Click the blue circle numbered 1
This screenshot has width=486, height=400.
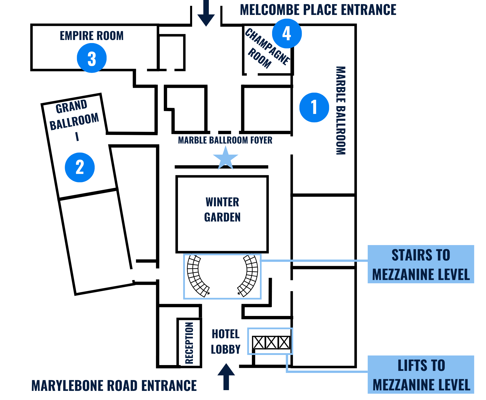coord(314,107)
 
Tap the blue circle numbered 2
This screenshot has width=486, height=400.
coord(80,167)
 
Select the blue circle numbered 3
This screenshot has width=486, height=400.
coord(92,58)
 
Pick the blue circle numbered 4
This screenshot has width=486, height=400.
coord(287,33)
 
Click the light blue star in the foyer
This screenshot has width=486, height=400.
coord(226,158)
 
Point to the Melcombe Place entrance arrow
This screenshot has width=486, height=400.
coord(206,13)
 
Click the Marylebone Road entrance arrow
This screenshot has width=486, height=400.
coord(226,376)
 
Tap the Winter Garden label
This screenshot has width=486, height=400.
coord(222,210)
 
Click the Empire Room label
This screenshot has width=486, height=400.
coord(92,36)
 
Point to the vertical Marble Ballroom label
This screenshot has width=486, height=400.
coord(341,111)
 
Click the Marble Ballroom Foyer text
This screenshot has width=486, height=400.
coord(225,140)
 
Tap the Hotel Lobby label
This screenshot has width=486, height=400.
coord(226,342)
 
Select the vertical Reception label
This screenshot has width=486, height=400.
coord(189,343)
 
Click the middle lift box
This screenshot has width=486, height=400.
coord(271,343)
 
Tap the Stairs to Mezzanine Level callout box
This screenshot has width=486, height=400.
coord(421,264)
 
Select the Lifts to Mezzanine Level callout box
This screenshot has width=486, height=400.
coord(421,375)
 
